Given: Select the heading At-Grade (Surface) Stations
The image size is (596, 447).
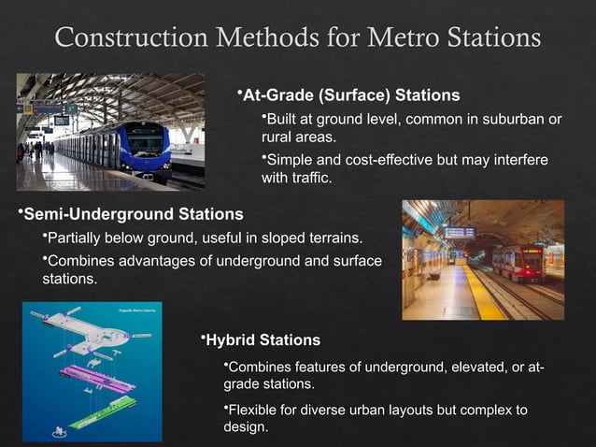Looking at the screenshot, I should coord(350,95).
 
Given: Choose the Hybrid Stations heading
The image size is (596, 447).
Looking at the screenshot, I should coord(263,340).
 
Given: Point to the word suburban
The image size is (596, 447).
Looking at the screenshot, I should coord(500,120).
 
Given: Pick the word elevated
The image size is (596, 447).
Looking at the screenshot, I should coord(463,365).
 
